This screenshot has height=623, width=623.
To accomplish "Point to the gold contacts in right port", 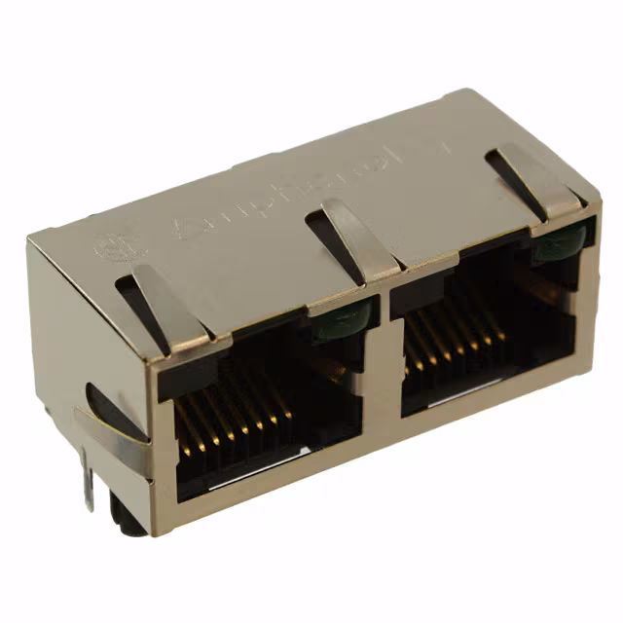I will click(454, 346).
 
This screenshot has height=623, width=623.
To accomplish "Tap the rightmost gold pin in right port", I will click(500, 327).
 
